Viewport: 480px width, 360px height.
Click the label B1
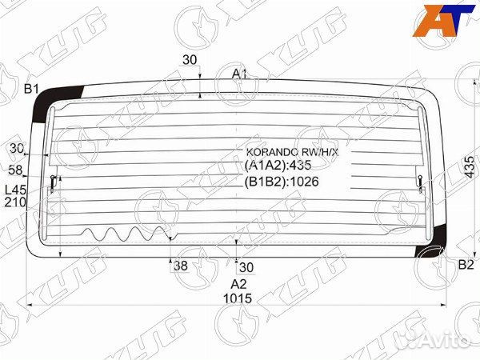coord(31,89)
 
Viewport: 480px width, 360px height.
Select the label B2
coord(466,265)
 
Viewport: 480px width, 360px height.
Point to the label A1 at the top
coord(239,74)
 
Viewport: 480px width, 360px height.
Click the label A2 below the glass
coord(238,284)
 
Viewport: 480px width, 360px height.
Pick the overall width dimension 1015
coord(238,298)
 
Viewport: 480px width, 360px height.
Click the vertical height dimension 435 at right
coord(470,167)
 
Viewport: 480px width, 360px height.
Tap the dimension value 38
coord(181,266)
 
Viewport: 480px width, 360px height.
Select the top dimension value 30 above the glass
coord(190,60)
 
